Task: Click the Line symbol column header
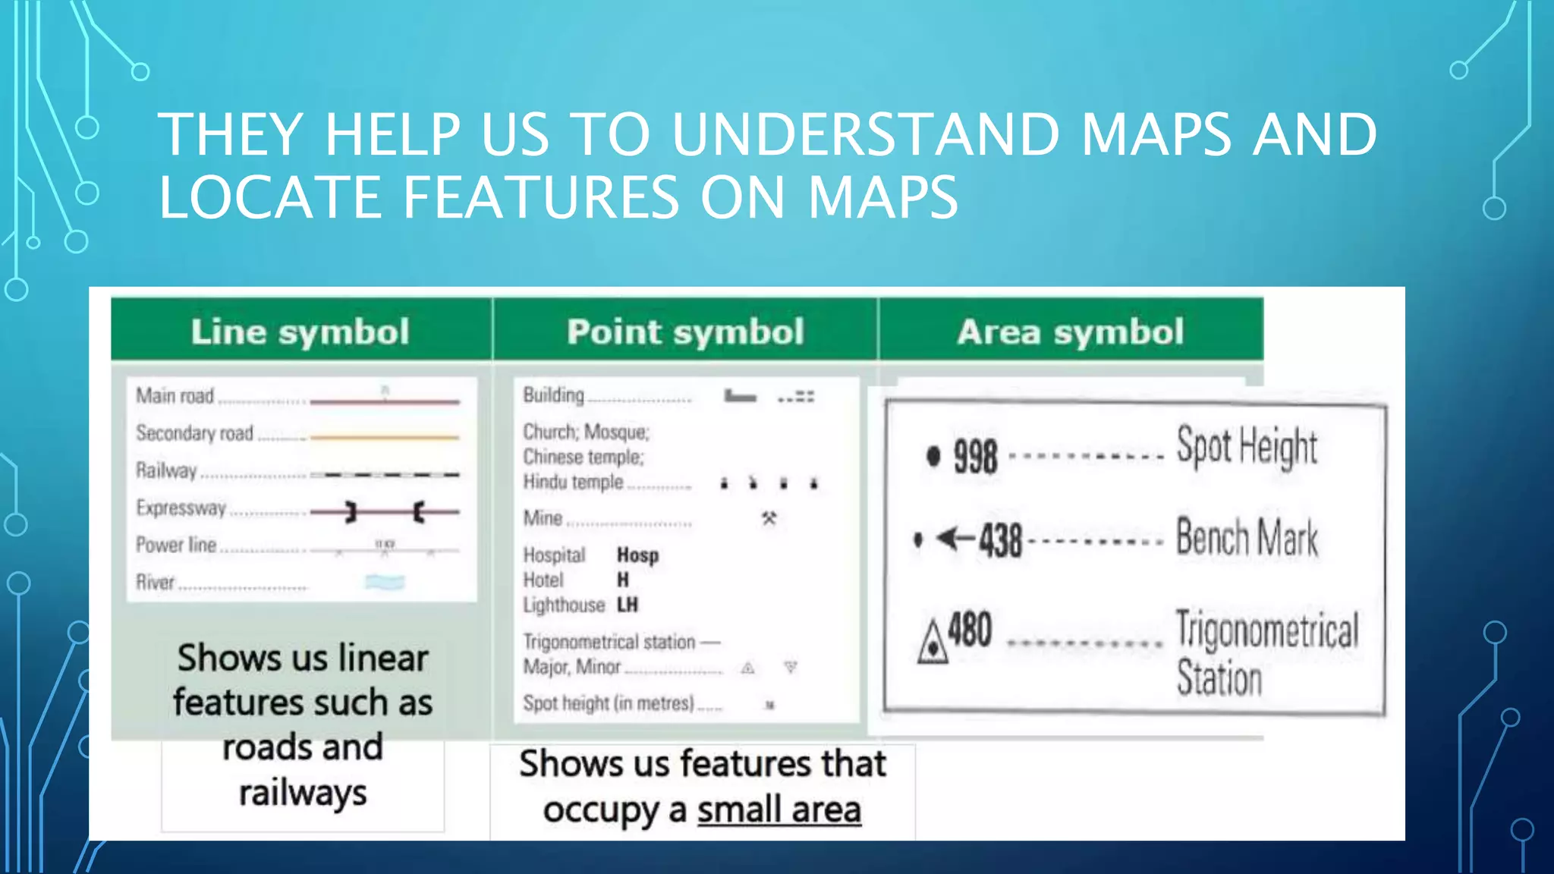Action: tap(300, 332)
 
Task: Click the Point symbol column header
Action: tap(685, 332)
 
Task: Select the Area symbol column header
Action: tap(1070, 332)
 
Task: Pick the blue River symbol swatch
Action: tap(385, 582)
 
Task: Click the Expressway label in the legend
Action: tap(181, 508)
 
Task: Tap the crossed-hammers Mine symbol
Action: tap(769, 519)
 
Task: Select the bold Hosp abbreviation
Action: tap(637, 555)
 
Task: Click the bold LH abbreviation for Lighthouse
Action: tap(628, 605)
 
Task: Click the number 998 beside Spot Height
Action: tap(975, 457)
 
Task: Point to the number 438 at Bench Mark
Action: tap(1000, 540)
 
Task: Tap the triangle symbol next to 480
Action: tap(933, 643)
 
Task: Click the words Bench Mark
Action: tap(1247, 538)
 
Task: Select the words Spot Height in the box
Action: tap(1247, 446)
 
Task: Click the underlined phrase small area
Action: tap(779, 810)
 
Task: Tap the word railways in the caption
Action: tap(303, 793)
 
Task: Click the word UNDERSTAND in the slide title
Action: tap(864, 134)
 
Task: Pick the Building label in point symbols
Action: tap(553, 395)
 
